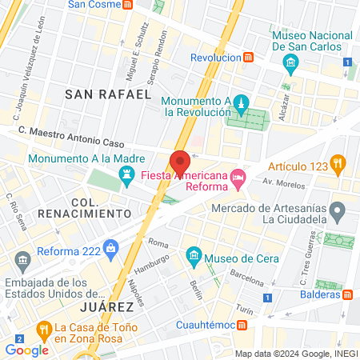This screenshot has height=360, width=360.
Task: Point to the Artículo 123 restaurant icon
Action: (338, 166)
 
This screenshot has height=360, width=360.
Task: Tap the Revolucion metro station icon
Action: (250, 58)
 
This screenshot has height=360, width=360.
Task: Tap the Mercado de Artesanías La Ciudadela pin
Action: (338, 213)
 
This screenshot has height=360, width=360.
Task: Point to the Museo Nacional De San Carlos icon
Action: (290, 62)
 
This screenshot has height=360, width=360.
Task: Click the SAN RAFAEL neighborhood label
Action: (107, 94)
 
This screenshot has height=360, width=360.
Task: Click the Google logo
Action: (26, 350)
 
